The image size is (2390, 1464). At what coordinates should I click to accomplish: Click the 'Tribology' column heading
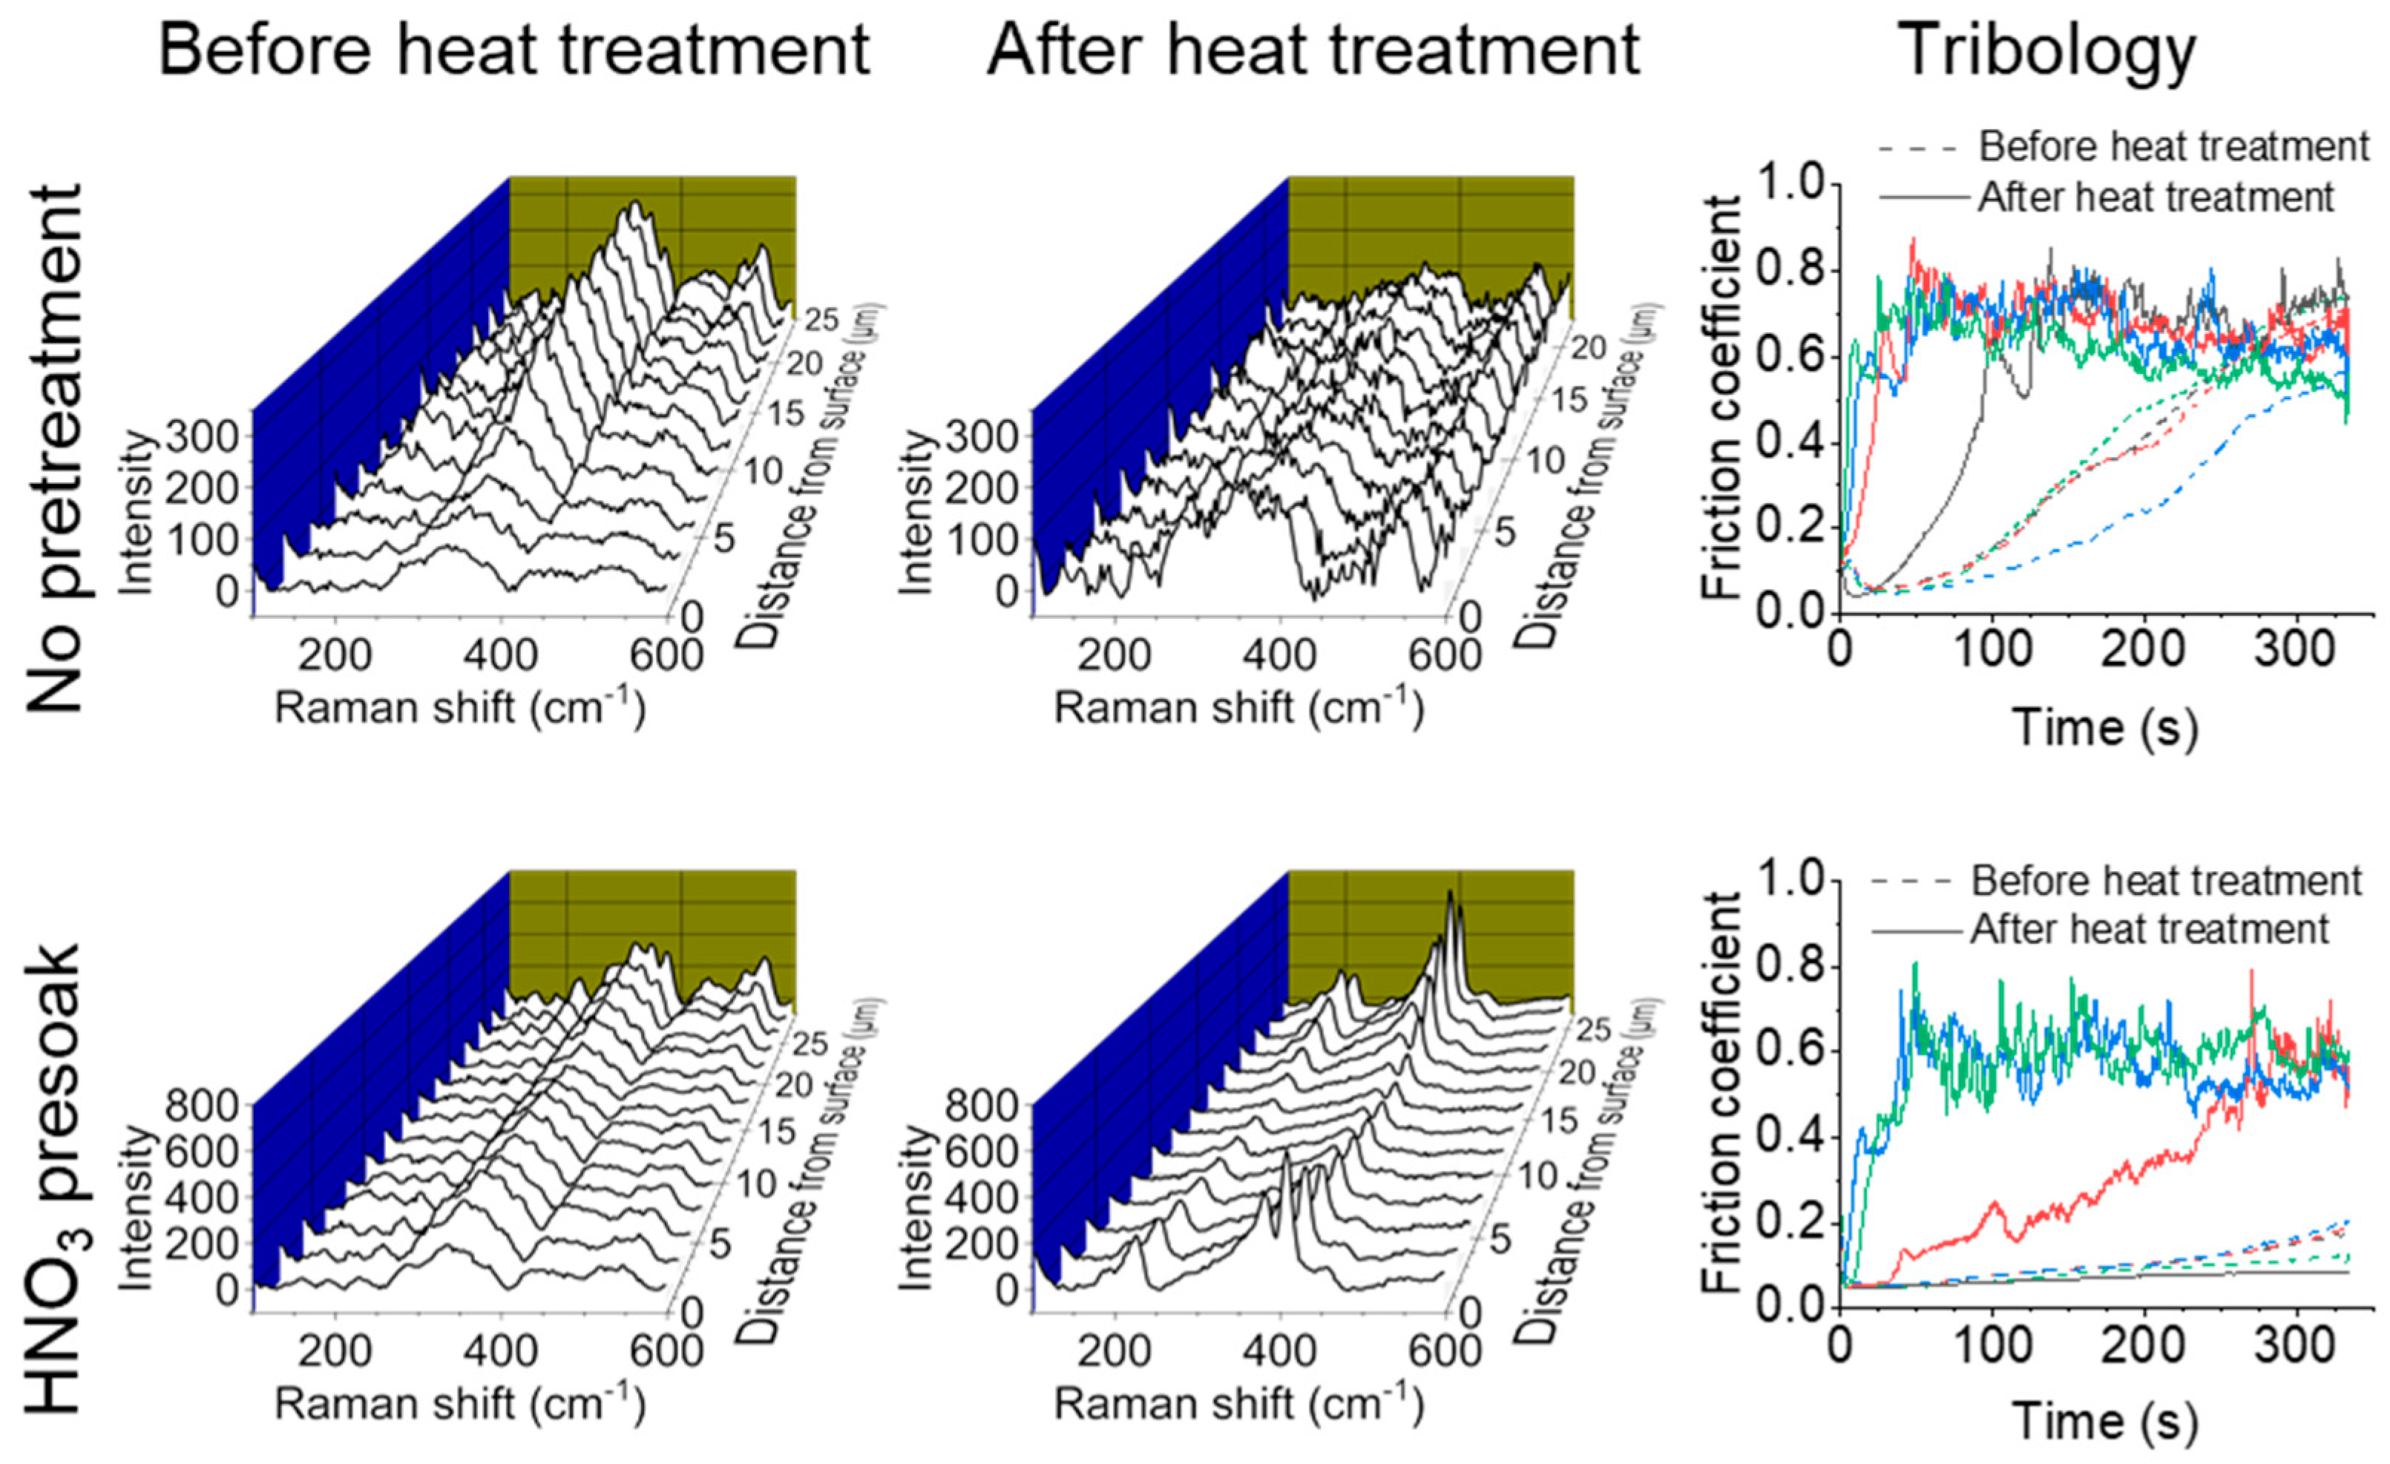[x=2049, y=50]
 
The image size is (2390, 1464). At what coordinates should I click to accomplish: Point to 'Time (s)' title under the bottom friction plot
[x=2105, y=1422]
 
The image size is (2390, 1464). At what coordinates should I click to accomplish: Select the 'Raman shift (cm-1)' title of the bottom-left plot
[x=460, y=1404]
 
